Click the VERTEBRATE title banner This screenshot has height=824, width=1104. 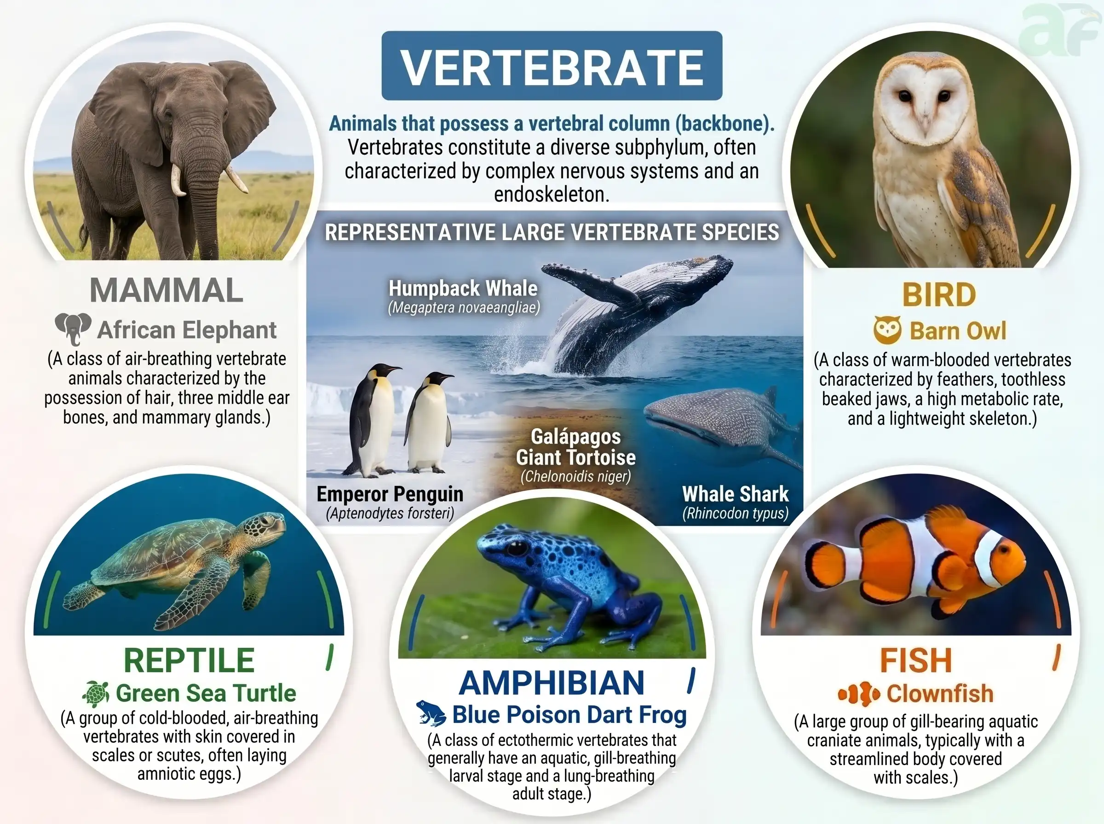552,66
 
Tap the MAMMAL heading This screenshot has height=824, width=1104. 166,290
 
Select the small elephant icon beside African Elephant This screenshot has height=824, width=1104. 73,329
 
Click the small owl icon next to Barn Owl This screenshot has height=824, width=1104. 887,330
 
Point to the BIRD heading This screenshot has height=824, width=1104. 939,295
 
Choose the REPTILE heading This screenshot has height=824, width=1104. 189,660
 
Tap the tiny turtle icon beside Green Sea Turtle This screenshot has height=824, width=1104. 96,694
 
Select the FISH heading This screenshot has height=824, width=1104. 916,660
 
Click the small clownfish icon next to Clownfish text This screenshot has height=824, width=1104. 858,694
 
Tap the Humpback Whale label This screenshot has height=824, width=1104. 463,288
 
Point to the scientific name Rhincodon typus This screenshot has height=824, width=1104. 736,513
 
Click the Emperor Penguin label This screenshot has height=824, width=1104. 390,494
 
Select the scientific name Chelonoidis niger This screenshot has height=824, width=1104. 576,476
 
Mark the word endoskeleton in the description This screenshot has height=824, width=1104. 552,195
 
